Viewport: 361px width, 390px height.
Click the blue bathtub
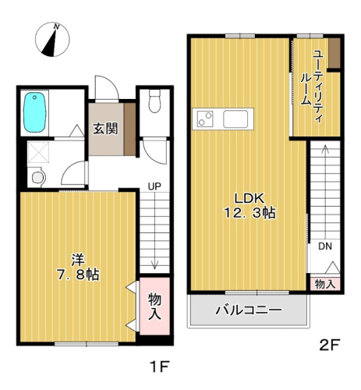[35, 112]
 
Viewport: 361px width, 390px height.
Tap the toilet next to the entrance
[154, 101]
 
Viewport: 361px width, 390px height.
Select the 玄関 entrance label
[105, 129]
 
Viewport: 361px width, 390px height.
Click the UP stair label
[154, 186]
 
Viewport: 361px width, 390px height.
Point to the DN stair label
[325, 246]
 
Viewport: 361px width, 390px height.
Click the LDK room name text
[250, 199]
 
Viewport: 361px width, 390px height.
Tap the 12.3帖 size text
[250, 213]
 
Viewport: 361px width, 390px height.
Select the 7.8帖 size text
[78, 275]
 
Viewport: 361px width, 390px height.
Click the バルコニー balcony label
[249, 310]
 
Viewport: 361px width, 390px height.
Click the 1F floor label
[159, 367]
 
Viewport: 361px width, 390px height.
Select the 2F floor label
[330, 345]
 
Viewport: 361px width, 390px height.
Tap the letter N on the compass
[57, 27]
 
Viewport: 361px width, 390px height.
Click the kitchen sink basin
[235, 119]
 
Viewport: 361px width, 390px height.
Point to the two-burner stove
[205, 119]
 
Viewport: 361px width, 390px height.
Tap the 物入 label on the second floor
[325, 284]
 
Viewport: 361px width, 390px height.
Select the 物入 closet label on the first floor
[154, 306]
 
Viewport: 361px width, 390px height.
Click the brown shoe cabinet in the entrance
[129, 129]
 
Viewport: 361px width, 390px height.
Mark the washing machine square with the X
[38, 152]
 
